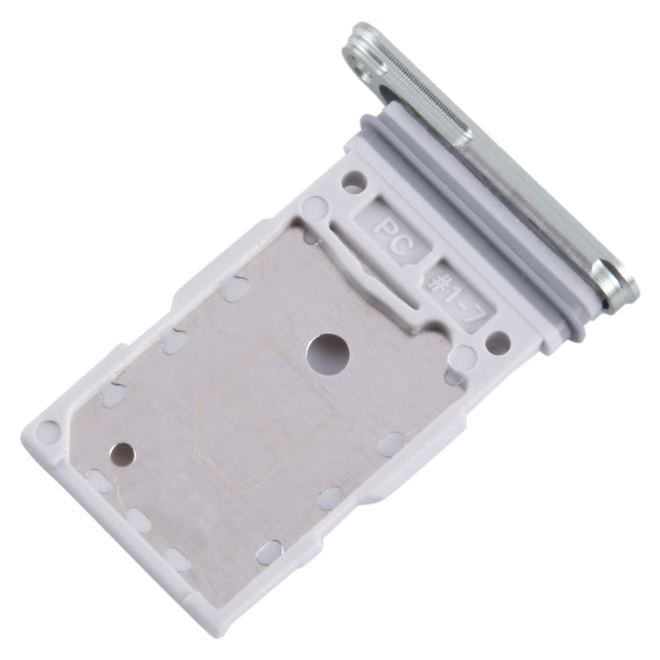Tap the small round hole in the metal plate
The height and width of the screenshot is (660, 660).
coord(123,454)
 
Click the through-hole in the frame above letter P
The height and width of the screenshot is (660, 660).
coord(354,183)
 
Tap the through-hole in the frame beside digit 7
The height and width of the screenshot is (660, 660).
coord(499,342)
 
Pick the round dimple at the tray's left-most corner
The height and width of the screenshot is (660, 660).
coord(48,431)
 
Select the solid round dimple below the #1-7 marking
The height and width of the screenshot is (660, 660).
coord(463,356)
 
